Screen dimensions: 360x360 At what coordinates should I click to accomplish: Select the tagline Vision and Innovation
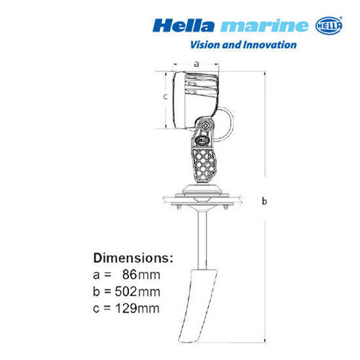pos(243,45)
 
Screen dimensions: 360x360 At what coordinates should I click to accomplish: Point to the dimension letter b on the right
pos(264,201)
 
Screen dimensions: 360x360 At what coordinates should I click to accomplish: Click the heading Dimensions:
pos(133,257)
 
